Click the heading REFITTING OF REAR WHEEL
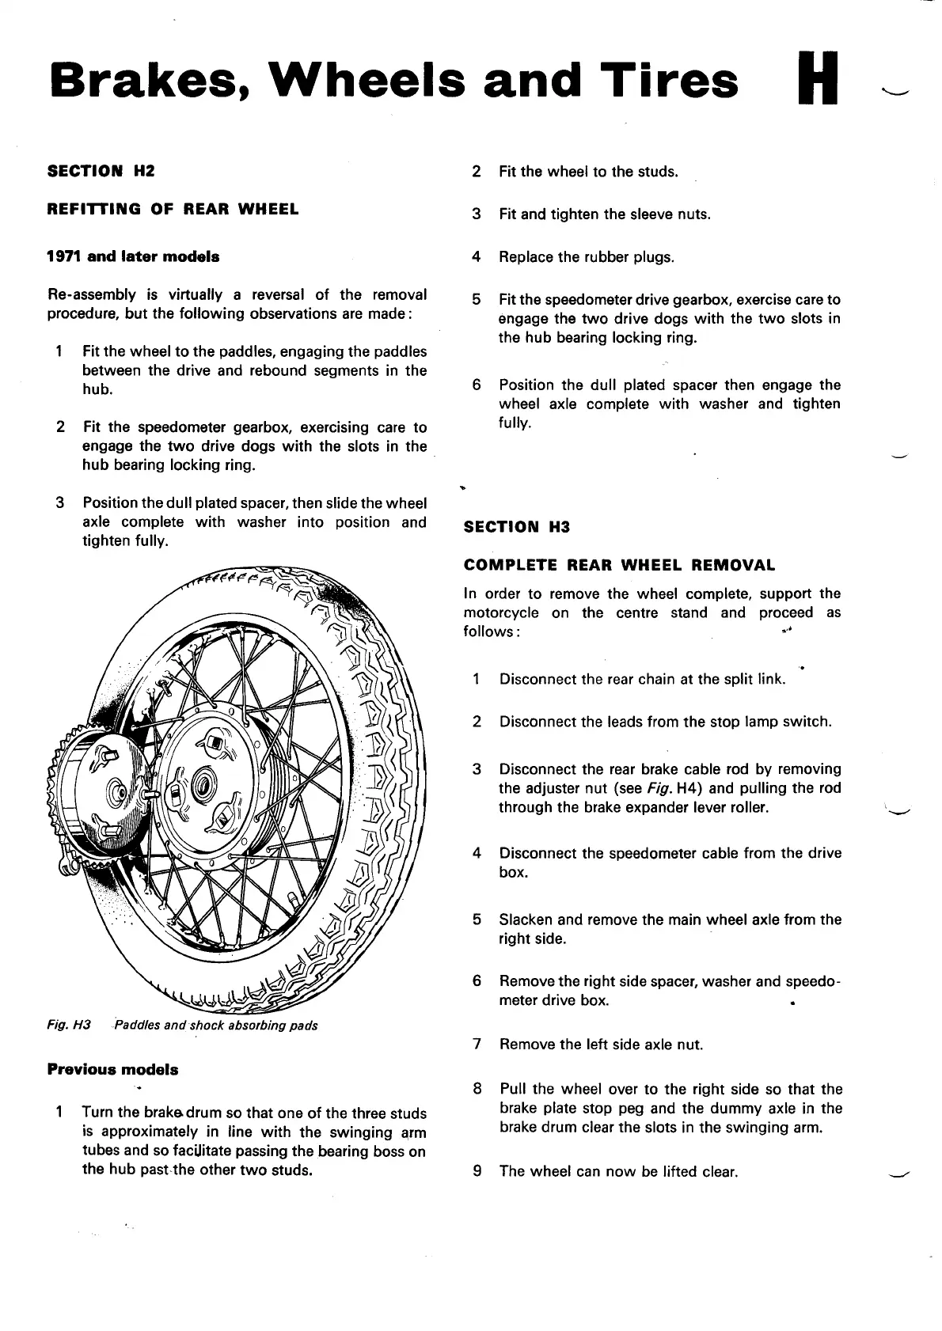(x=173, y=210)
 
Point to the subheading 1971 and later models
(x=134, y=256)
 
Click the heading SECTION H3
(x=516, y=527)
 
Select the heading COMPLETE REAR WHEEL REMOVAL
(x=619, y=565)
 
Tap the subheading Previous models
(x=113, y=1070)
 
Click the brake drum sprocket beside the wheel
(x=95, y=791)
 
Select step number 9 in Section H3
(x=477, y=1171)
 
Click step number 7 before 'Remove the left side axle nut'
(x=477, y=1045)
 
